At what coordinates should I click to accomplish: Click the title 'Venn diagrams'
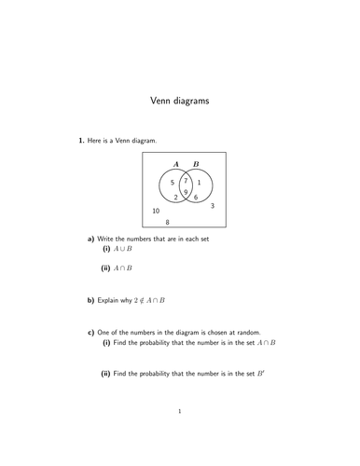click(x=180, y=100)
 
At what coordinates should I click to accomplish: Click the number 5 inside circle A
click(x=173, y=183)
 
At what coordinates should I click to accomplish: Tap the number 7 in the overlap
click(x=187, y=181)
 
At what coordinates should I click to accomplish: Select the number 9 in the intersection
click(x=187, y=193)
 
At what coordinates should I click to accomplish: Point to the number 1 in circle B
click(x=199, y=183)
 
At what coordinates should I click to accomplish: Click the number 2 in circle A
click(x=175, y=198)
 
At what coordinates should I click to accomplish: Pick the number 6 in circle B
click(x=196, y=198)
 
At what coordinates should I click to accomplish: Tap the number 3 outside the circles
click(x=214, y=205)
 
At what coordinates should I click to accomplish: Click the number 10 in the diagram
click(x=157, y=212)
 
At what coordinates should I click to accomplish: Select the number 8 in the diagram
click(x=168, y=223)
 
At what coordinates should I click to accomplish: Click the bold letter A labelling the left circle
click(x=176, y=164)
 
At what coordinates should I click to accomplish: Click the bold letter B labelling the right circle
click(x=195, y=164)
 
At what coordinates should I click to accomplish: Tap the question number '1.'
click(x=67, y=140)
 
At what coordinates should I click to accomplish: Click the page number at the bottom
click(x=180, y=436)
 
